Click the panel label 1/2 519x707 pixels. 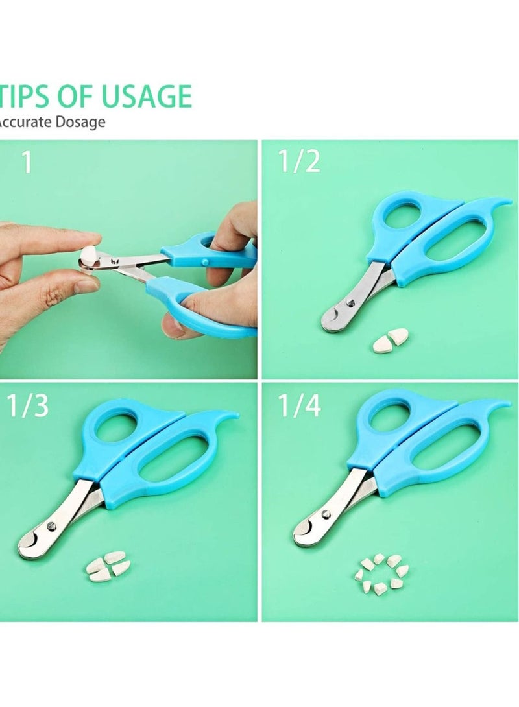tap(299, 162)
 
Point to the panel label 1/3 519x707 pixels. tap(28, 406)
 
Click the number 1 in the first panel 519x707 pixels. tap(27, 162)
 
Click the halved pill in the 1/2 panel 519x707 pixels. tap(391, 340)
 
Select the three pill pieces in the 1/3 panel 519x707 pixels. tap(107, 565)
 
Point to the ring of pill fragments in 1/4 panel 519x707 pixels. tap(381, 574)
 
